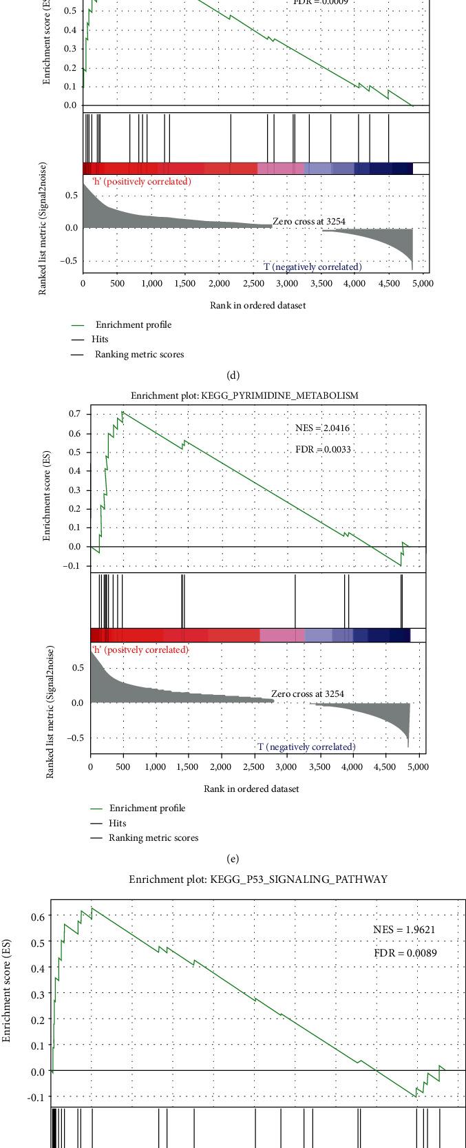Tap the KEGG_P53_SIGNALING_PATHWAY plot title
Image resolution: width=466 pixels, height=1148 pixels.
tap(258, 879)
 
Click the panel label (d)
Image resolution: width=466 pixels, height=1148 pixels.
tap(233, 375)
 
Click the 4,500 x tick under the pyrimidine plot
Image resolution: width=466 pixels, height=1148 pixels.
tap(385, 766)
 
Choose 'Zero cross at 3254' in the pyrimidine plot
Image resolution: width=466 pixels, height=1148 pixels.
tap(307, 693)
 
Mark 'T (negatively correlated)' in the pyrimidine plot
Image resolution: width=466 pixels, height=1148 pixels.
tap(307, 747)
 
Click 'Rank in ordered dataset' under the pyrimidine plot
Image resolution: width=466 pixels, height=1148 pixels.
tap(251, 789)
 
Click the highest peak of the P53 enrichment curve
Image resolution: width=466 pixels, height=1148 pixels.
tap(92, 908)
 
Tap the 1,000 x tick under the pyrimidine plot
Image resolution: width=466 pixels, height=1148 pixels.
tap(156, 766)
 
